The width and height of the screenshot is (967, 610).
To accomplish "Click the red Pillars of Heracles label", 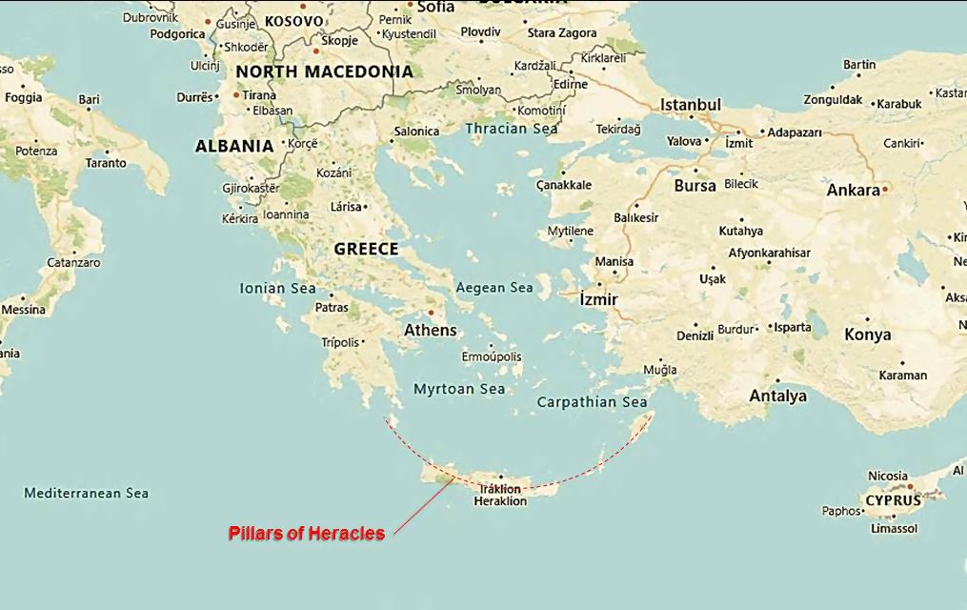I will [306, 534].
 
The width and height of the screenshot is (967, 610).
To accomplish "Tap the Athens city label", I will [431, 331].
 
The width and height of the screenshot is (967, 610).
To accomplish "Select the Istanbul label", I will [691, 104].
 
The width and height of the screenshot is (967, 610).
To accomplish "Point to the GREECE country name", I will [366, 249].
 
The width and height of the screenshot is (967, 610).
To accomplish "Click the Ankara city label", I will [853, 191].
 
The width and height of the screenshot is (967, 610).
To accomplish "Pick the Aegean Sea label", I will [494, 288].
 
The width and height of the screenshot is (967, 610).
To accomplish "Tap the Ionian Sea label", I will [277, 288].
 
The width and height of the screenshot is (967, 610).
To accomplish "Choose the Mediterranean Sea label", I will [86, 494].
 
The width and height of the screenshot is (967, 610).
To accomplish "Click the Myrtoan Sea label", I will [459, 389].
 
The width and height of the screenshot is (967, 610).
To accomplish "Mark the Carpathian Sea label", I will [592, 402].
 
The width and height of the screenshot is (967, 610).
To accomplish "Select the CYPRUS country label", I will [893, 500].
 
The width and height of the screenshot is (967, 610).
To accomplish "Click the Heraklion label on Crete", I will [500, 501].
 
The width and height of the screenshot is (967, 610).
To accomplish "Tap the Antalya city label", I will [777, 396].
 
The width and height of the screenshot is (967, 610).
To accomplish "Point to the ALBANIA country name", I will [234, 147].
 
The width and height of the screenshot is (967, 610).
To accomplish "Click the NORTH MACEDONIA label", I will [324, 71].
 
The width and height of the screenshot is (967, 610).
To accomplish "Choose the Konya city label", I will [867, 335].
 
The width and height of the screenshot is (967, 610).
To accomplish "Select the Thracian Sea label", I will [512, 129].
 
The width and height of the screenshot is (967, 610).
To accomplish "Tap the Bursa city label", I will [695, 186].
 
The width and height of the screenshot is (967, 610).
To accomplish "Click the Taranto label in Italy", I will [105, 163].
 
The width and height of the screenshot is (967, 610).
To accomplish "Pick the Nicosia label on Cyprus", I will [888, 476].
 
